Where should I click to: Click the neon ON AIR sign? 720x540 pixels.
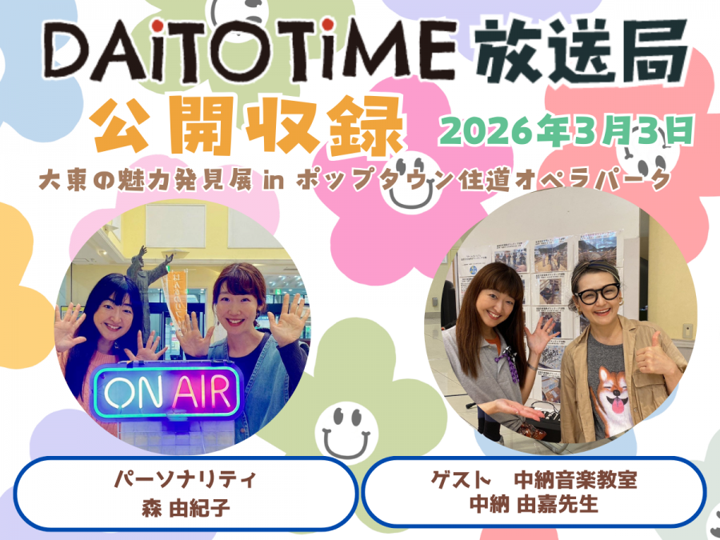167,391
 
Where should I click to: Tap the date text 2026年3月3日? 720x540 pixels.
566,130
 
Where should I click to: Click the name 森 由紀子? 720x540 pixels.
186,508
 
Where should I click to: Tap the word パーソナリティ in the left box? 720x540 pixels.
185,480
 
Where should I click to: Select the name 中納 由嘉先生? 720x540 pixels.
534,504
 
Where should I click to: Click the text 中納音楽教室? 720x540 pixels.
575,480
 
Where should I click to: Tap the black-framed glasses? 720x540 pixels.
598,293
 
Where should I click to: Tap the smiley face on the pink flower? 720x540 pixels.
411,182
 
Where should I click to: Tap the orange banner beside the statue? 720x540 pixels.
175,298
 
